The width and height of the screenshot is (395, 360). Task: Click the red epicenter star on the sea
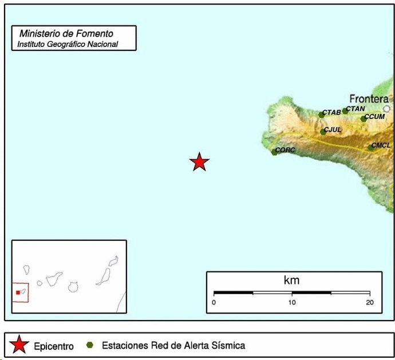199,162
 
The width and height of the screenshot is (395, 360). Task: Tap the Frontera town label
369,98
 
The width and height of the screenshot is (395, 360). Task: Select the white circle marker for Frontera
387,109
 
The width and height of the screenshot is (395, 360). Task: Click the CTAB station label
332,112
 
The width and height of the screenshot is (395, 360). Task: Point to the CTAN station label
355,109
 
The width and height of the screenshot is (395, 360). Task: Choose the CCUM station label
375,117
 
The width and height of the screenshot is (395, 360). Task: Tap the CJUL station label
333,130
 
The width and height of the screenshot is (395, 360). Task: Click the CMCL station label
381,145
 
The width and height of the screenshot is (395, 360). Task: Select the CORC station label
285,150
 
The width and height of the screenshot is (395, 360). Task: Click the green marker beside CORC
274,152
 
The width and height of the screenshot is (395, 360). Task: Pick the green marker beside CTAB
321,115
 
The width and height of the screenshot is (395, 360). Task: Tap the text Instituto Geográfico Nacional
68,44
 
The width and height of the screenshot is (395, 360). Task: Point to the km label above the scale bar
291,280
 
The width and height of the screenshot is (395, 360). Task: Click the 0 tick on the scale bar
214,302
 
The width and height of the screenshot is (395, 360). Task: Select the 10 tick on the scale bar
292,302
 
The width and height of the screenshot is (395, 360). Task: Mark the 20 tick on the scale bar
370,302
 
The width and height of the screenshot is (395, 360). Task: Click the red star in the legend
19,345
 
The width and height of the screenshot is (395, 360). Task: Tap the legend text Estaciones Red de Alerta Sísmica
173,345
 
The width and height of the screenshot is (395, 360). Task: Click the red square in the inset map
18,292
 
